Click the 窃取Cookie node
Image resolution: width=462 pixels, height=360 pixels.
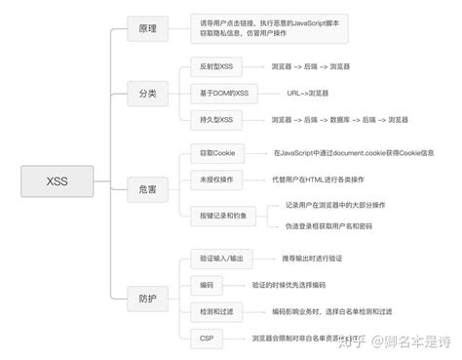pos(216,153)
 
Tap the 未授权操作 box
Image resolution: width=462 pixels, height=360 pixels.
pos(216,180)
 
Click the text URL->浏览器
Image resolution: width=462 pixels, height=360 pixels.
pos(309,94)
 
